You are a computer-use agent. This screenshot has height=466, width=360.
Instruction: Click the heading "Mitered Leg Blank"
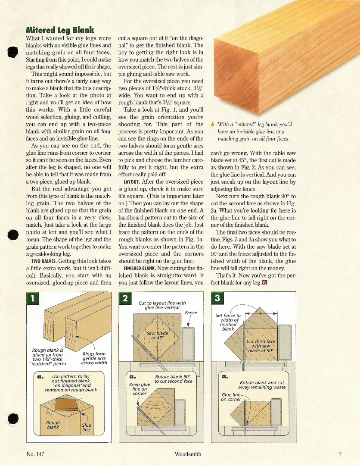[x=60, y=30]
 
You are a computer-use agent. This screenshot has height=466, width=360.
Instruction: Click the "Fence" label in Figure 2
[x=190, y=313]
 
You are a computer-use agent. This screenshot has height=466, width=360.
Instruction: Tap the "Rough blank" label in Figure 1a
[x=53, y=425]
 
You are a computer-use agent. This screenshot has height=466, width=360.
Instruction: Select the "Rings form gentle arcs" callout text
[x=94, y=358]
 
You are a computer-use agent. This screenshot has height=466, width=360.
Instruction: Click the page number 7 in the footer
[x=340, y=454]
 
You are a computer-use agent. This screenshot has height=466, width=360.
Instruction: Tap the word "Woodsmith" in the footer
[x=188, y=454]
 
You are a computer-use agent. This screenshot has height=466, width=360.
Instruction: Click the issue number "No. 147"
[x=35, y=454]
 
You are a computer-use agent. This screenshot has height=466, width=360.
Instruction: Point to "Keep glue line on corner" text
[x=140, y=389]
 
